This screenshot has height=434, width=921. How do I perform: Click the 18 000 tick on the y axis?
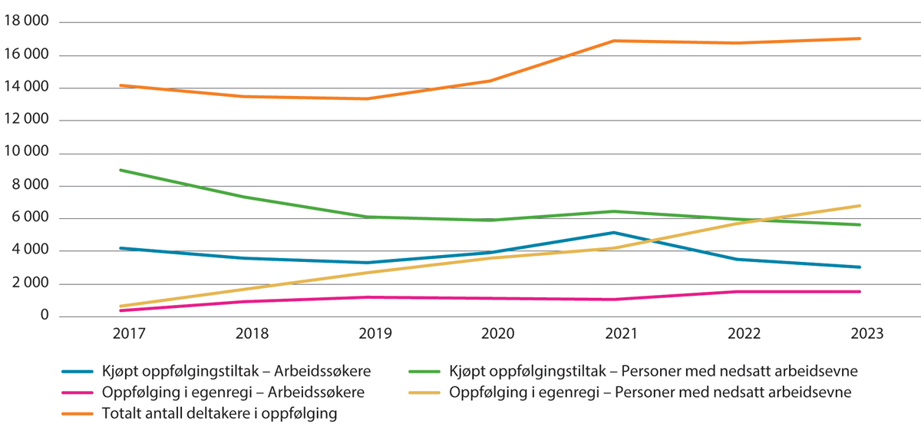click(x=25, y=22)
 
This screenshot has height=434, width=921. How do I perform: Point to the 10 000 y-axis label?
click(x=25, y=153)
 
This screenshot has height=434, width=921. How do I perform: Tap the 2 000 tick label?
click(x=29, y=283)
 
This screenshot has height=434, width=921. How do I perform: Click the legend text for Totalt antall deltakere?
click(x=220, y=414)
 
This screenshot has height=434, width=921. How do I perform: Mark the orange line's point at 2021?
click(x=613, y=41)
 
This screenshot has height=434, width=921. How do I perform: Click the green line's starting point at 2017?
click(x=120, y=170)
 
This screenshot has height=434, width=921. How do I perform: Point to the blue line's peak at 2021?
click(x=613, y=232)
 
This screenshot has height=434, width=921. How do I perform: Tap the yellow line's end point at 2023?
click(x=860, y=206)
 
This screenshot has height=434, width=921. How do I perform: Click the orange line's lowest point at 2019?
click(x=367, y=98)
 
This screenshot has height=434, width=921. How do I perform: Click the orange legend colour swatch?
click(x=78, y=414)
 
